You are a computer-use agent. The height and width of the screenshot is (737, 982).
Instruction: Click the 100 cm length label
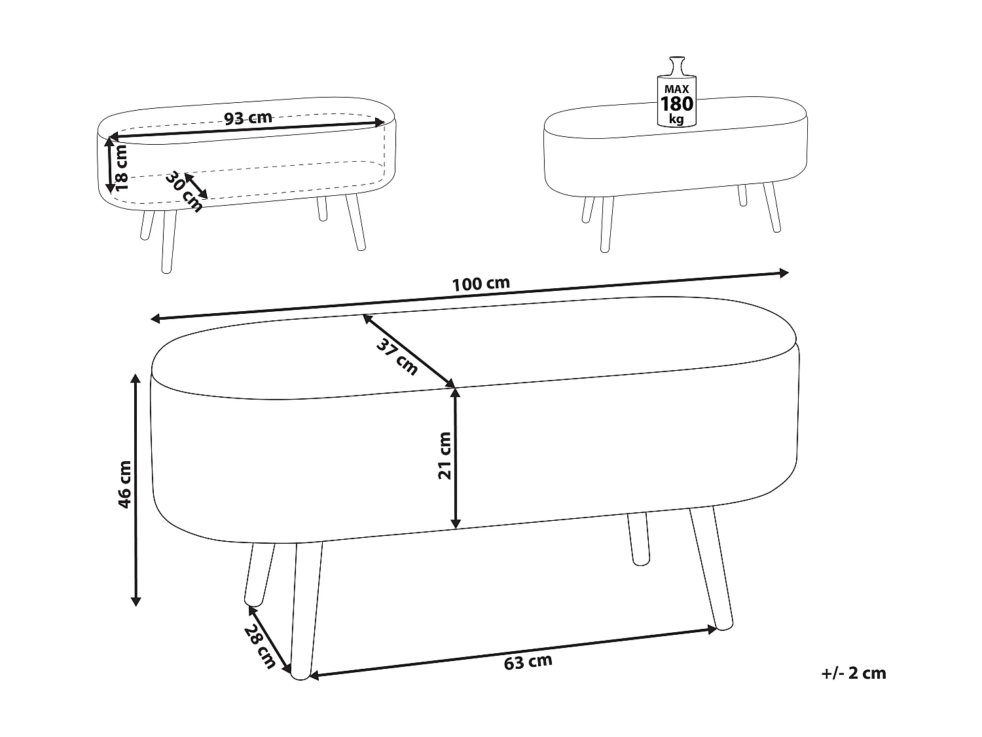point(481,284)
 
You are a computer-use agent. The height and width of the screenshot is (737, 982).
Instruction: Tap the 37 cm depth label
point(397,356)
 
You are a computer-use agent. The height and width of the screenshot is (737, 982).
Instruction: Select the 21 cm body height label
point(446,455)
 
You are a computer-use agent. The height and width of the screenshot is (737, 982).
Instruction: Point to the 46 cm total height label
point(124,484)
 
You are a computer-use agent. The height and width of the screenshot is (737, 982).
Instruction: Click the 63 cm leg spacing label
point(528,662)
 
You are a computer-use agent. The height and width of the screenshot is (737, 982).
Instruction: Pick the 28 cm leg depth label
point(260,646)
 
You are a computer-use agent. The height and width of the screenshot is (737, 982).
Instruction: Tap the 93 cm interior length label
point(248,118)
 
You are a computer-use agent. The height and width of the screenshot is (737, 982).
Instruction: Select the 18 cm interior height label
point(121,168)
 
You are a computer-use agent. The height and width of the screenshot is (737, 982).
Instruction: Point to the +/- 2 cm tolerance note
point(854,673)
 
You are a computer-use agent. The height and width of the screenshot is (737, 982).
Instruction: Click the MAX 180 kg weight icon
point(677,92)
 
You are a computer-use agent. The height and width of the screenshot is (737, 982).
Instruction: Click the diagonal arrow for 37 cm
point(408,350)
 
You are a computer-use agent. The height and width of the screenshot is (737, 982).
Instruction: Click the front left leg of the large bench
point(304,609)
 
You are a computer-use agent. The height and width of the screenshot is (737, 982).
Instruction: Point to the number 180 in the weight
point(677,104)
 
